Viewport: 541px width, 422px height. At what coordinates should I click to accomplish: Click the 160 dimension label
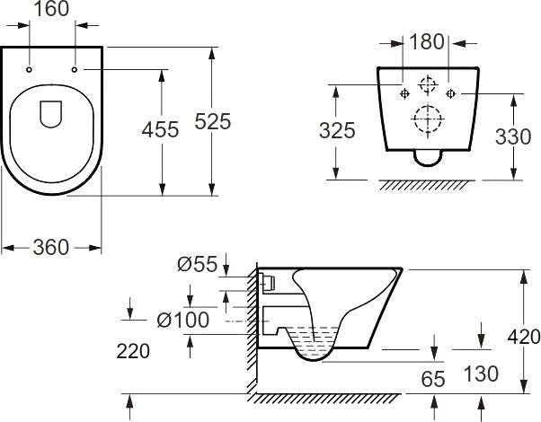click(51, 9)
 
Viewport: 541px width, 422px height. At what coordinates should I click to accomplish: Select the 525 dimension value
click(212, 121)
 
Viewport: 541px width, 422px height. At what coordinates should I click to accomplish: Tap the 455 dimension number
click(161, 129)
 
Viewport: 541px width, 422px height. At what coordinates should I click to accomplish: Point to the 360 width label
click(51, 248)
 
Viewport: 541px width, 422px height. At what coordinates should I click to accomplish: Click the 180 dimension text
click(427, 41)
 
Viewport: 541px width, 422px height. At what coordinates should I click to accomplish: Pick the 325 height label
click(337, 131)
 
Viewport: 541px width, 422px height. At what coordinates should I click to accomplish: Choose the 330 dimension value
click(513, 136)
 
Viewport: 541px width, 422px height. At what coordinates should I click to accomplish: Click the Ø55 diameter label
click(198, 264)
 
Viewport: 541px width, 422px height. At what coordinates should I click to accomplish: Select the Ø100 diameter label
click(182, 320)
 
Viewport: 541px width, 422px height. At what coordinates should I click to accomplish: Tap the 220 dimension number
click(133, 351)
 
